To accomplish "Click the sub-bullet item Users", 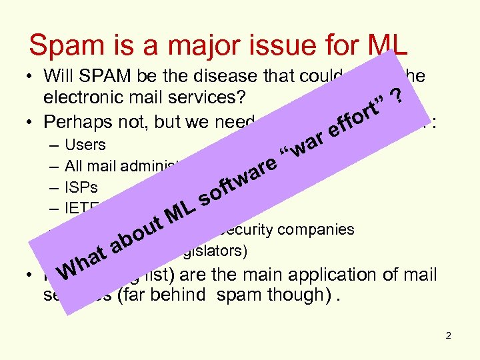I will click(85, 145).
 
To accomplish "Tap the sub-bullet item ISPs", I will click(81, 187).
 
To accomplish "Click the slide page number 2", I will click(449, 335).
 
